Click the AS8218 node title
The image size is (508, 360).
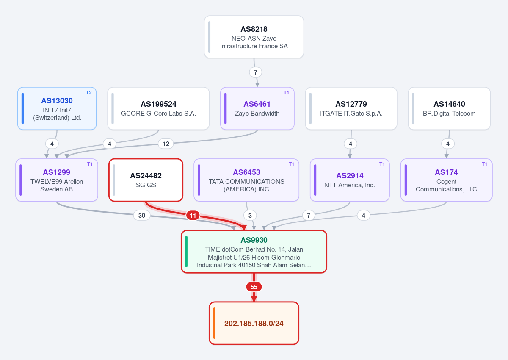[254, 29]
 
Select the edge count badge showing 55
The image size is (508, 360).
[254, 287]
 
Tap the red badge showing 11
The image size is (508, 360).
[193, 215]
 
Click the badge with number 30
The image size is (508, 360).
[142, 215]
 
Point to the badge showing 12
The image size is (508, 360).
[166, 144]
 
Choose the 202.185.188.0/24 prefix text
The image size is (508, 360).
[254, 323]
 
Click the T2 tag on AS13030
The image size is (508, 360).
[88, 93]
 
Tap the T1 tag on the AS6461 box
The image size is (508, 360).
[286, 93]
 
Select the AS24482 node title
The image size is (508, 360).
[146, 176]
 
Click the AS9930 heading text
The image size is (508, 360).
[254, 240]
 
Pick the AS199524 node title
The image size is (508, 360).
[158, 104]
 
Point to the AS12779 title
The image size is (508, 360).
[351, 104]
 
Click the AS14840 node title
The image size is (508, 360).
[449, 104]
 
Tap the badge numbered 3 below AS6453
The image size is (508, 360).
[250, 215]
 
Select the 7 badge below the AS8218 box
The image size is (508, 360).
[256, 72]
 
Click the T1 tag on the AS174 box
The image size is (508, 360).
[484, 164]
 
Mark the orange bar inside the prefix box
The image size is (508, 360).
[214, 323]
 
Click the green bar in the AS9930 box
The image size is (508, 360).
[186, 252]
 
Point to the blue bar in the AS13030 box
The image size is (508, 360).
[23, 108]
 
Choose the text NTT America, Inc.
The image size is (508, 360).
[350, 185]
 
